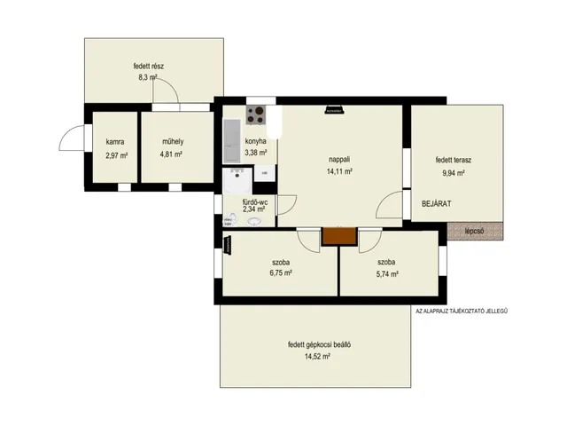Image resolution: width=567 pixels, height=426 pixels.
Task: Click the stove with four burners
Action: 256,114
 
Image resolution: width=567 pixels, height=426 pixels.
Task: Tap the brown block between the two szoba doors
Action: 339,236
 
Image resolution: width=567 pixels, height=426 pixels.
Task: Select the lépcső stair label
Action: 475,231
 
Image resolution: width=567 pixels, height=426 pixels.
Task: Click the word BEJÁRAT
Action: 437,203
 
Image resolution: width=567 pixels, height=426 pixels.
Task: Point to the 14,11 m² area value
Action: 339,171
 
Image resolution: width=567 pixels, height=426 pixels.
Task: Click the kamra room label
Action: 115,142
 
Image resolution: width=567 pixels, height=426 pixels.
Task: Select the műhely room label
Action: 173,141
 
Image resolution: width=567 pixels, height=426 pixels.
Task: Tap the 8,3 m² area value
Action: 148,77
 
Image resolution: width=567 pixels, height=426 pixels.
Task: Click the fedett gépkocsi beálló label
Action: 319,344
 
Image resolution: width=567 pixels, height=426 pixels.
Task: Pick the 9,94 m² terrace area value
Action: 454,173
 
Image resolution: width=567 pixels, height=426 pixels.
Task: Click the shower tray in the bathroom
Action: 237,181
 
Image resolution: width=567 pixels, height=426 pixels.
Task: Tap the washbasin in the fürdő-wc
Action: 255,221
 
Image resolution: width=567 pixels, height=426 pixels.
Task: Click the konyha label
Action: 256,141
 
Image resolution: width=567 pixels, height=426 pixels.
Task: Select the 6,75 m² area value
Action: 281,272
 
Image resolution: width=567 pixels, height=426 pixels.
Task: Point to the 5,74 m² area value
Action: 387,274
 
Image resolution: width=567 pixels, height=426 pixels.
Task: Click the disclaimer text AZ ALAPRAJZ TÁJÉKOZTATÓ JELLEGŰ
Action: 462,311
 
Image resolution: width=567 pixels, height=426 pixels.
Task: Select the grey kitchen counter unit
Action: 232,141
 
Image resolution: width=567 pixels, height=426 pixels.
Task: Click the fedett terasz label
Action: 454,160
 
